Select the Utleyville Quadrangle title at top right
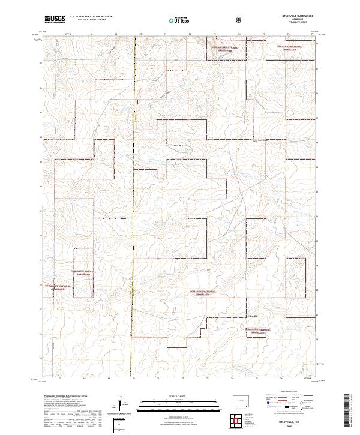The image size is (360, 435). tap(302, 16)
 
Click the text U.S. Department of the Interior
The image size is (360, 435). tap(91, 17)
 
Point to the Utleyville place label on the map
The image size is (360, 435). tap(253, 315)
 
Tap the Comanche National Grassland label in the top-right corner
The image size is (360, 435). tap(284, 47)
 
